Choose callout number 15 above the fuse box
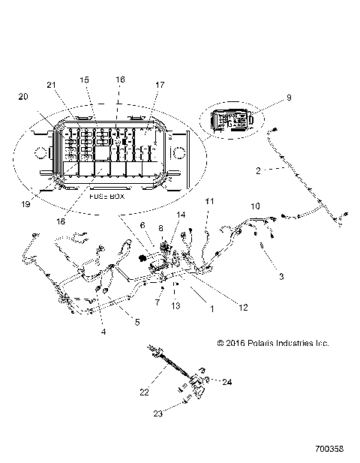coord(84,79)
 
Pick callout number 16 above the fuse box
coord(120,79)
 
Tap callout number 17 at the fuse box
coord(159,85)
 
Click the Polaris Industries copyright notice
coord(273,343)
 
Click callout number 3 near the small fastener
coord(281,277)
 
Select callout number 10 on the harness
coord(255,205)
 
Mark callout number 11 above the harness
coord(210,201)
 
